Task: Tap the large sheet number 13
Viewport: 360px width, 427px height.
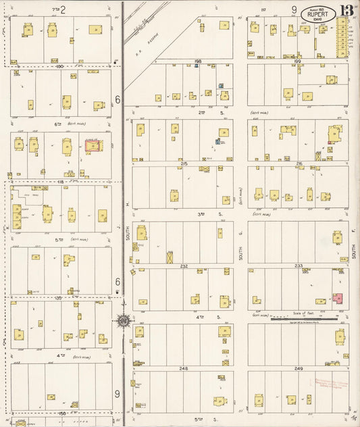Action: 346,11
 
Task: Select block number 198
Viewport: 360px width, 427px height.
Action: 198,61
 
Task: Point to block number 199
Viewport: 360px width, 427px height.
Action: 298,61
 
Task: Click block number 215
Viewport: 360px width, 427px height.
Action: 184,164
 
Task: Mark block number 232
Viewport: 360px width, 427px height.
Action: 184,266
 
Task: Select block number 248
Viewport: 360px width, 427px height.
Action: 184,369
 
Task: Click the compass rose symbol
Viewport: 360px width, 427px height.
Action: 124,320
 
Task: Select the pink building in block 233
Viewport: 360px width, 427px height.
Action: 337,298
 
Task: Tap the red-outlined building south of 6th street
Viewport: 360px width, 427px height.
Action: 92,144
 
